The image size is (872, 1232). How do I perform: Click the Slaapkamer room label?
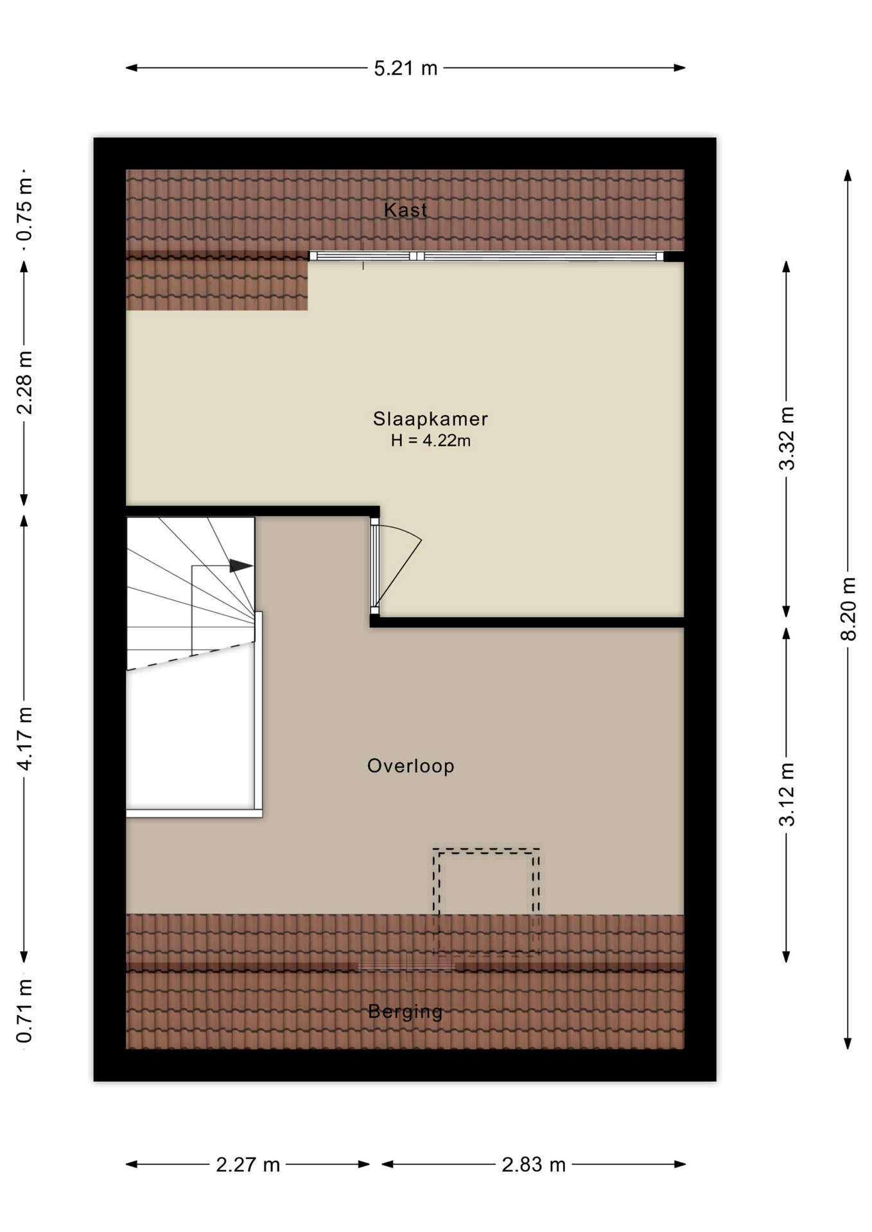pos(430,419)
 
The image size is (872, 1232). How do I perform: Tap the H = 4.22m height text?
pos(431,441)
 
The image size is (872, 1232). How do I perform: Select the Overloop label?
pos(411,766)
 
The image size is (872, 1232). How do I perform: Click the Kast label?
pos(405,210)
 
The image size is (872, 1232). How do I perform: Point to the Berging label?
pos(405,1012)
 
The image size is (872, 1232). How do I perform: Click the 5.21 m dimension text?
pos(406,68)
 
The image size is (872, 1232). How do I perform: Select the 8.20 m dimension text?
pos(848,609)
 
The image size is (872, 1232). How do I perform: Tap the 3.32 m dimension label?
pos(787,439)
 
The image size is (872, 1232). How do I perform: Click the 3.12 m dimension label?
pos(787,794)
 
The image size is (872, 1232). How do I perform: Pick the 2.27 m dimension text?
pos(248,1165)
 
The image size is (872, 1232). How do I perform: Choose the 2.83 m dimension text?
pos(534,1165)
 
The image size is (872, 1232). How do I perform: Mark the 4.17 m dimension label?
pos(24,739)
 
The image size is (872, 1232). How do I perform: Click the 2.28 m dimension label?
pos(24,383)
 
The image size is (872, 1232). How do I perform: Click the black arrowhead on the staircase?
pos(241,566)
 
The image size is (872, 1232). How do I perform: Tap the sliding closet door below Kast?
pos(487,256)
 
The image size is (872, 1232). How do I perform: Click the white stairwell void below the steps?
pos(191,738)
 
